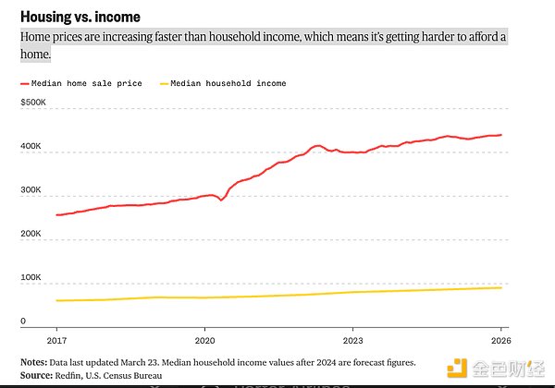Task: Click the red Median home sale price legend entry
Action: coord(81,83)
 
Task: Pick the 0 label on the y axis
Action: coord(23,321)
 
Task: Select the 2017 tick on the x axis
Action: coord(56,340)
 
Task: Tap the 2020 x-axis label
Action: coord(204,340)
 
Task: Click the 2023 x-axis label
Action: coord(352,340)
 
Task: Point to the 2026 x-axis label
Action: coord(500,340)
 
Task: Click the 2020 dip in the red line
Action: coord(221,200)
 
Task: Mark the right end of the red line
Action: coord(501,135)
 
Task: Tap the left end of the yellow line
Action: coord(57,300)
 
